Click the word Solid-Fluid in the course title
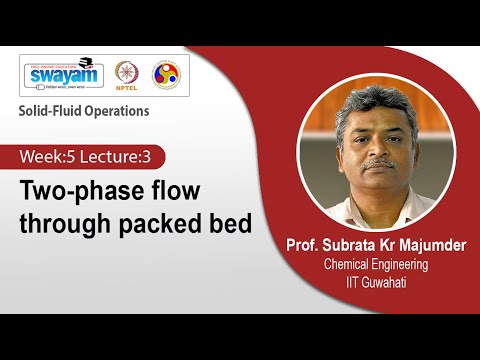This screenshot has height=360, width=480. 46,111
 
